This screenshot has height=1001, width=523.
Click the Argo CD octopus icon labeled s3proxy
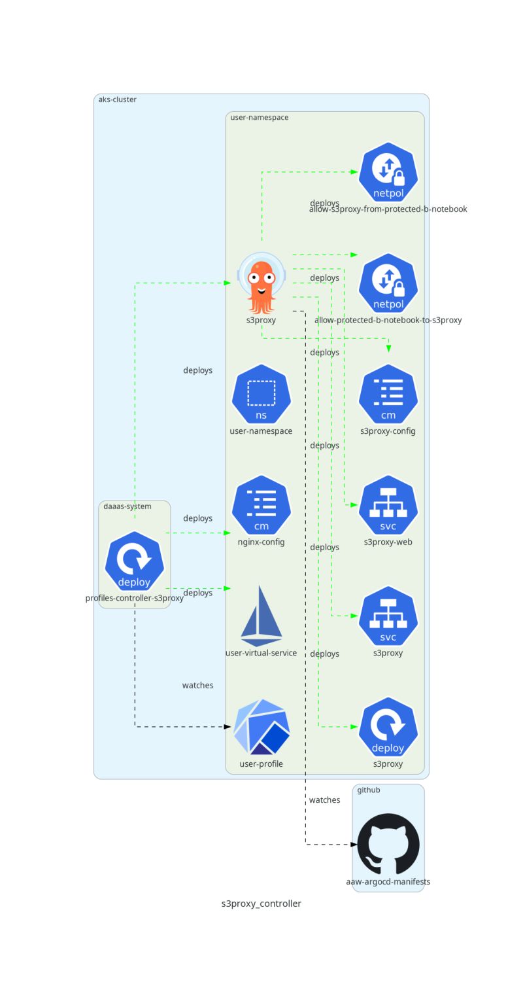[x=261, y=283]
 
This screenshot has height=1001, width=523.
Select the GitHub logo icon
[x=388, y=843]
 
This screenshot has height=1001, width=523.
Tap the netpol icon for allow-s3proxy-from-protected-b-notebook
[x=388, y=172]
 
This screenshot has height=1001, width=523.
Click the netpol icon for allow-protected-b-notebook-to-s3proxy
[x=388, y=283]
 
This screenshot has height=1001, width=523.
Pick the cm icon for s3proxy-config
[x=388, y=394]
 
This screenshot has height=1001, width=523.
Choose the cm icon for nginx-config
[x=261, y=505]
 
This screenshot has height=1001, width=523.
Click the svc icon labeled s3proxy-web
[x=388, y=505]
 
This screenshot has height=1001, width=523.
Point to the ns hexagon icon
[x=261, y=394]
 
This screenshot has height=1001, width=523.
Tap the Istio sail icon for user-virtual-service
[x=261, y=616]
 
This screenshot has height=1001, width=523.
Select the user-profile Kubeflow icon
[x=261, y=727]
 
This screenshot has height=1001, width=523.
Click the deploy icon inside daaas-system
[x=135, y=561]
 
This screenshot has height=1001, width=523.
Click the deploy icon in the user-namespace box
[x=388, y=727]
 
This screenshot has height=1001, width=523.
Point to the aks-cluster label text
[x=117, y=99]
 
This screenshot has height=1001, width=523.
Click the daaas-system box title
[x=127, y=506]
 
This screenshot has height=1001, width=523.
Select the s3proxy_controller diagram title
[x=261, y=904]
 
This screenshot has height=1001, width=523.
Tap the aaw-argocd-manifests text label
[x=388, y=881]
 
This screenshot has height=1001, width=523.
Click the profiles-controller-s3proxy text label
[x=135, y=598]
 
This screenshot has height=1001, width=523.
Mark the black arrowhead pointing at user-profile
[x=228, y=727]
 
